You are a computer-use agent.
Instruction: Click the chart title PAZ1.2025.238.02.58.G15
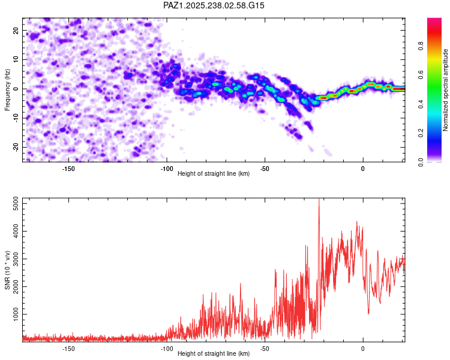click(214, 5)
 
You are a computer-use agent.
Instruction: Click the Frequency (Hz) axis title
click(7, 90)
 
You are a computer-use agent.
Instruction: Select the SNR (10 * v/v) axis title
click(7, 270)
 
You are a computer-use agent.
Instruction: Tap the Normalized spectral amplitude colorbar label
click(445, 90)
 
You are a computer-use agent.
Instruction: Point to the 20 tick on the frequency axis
click(16, 30)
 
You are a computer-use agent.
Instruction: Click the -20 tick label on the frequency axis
click(16, 147)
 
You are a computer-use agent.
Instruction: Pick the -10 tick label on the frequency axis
click(16, 118)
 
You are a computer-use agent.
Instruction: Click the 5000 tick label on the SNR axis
click(16, 203)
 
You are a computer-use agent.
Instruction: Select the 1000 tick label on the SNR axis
click(16, 314)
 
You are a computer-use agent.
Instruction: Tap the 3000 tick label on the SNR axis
click(16, 259)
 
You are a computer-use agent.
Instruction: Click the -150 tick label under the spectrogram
click(68, 169)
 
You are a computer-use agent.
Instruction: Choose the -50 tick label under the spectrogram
click(265, 169)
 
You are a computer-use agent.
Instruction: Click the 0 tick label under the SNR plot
click(363, 349)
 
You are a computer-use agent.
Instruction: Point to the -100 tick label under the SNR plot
click(166, 349)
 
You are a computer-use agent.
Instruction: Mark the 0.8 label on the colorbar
click(421, 46)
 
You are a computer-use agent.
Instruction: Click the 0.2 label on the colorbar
click(421, 133)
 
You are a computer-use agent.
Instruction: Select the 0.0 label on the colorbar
click(421, 162)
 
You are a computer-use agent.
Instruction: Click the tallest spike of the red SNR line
click(319, 199)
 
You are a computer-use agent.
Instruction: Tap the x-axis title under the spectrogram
click(214, 173)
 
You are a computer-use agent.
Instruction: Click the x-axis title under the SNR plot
click(214, 353)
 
